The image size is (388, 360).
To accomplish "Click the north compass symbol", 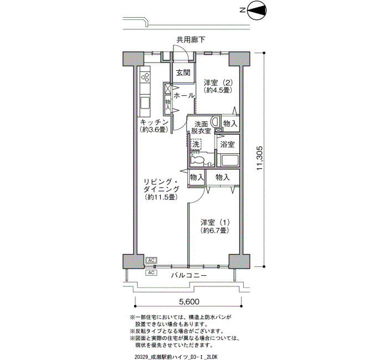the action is pos(257,10).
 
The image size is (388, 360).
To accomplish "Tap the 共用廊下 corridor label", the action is pos(191,39).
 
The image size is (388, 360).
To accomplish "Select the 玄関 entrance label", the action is pos(183,73).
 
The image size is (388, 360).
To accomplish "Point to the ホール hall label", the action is pos(184,95).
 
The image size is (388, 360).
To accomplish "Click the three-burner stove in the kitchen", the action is pos(145,76).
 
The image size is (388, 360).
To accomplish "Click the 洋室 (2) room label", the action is pos(218,86).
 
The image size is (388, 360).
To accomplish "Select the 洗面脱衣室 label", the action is pos(201,127).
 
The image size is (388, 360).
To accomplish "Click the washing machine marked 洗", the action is pos(196,144).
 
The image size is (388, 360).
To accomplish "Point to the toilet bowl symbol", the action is pos(196,160).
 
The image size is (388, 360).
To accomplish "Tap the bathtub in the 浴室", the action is pos(230,161).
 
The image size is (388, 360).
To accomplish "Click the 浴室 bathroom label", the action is pos(227,145).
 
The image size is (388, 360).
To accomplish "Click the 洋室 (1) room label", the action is pos(215,226).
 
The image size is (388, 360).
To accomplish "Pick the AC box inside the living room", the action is pos(151,260).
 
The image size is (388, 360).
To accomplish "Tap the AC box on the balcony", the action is pos(151,272).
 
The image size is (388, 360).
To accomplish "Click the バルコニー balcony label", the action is pos(189,275).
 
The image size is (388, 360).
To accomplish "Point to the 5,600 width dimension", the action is pos(189,302).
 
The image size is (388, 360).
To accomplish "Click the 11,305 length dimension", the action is pos(259,158).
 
